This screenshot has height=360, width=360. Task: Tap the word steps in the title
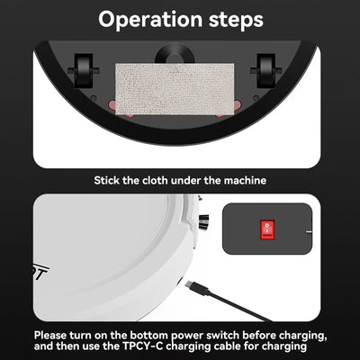point(230,19)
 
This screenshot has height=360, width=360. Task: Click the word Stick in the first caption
point(110,180)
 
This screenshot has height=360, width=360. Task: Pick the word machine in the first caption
point(242,180)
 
